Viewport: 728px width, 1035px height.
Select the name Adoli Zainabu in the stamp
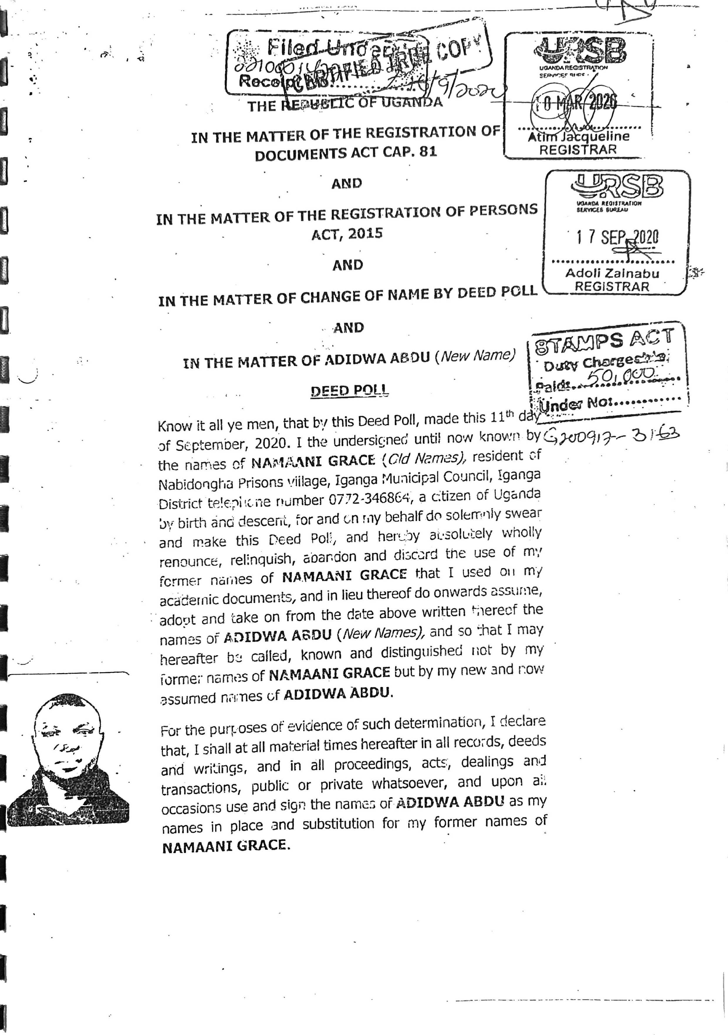coord(612,273)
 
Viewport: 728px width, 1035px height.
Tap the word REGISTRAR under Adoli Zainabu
coord(612,287)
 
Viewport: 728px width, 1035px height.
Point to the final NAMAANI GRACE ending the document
coord(224,846)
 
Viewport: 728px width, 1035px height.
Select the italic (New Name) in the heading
coord(477,356)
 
